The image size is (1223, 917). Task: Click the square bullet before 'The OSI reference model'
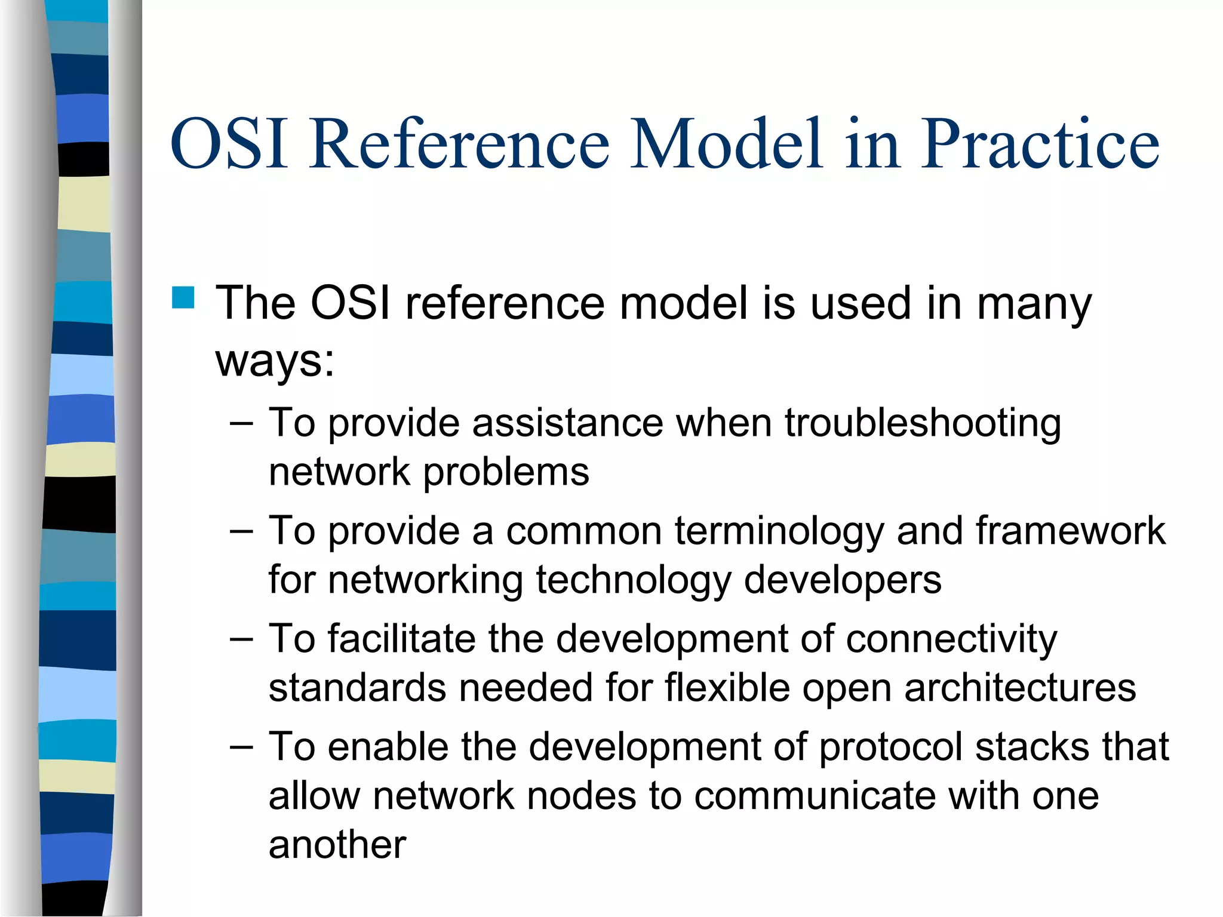pyautogui.click(x=183, y=297)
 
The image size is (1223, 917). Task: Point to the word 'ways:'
pyautogui.click(x=275, y=361)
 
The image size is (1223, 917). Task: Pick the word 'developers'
pyautogui.click(x=843, y=580)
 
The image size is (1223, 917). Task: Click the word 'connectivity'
pyautogui.click(x=951, y=639)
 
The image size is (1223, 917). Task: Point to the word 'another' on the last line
pyautogui.click(x=337, y=845)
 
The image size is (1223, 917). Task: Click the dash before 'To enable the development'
pyautogui.click(x=241, y=747)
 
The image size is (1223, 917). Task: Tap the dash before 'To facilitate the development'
pyautogui.click(x=241, y=639)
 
